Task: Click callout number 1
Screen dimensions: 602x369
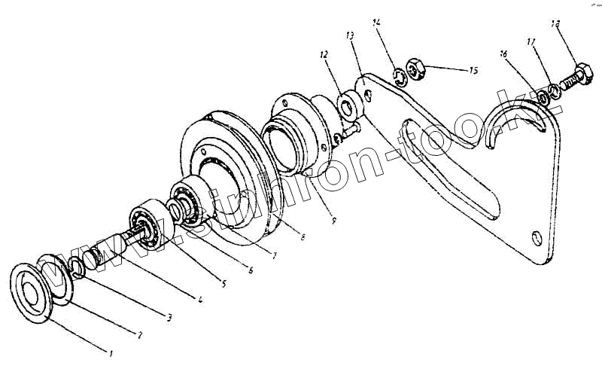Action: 111,352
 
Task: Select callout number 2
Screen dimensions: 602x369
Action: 138,333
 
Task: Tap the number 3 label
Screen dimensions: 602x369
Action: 169,318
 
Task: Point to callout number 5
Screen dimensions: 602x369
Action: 223,284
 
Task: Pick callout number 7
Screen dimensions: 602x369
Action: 274,256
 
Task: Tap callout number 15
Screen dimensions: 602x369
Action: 473,71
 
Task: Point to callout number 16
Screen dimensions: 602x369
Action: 503,53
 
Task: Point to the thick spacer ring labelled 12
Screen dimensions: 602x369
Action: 349,105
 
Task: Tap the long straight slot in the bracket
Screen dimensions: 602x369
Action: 451,166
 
